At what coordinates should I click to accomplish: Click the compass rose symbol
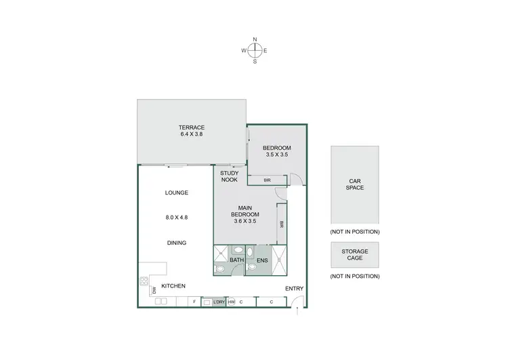pos(255,50)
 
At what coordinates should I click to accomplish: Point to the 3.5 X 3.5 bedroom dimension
pos(276,155)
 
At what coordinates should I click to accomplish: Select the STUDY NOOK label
pos(229,176)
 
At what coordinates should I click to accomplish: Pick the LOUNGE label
pos(176,193)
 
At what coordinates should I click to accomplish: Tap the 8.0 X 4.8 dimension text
pos(176,218)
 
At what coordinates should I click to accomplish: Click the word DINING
pos(176,243)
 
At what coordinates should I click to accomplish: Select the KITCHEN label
pos(173,286)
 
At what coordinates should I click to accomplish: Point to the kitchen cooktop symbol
pos(144,282)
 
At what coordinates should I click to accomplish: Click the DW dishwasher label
pos(154,290)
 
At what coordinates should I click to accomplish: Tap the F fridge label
pos(194,302)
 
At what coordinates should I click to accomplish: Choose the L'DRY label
pos(219,302)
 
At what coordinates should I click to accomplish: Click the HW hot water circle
pos(232,302)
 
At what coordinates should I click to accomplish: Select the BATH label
pos(236,260)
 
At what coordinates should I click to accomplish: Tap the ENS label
pos(262,260)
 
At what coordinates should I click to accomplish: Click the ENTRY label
pos(294,289)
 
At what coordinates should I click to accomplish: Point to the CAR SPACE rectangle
pos(355,184)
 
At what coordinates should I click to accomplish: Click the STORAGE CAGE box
pos(355,255)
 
